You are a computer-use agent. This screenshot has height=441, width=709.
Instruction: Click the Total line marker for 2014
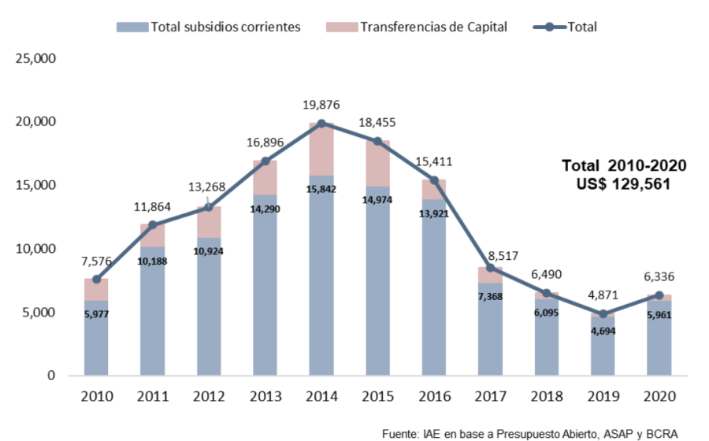[x=321, y=124]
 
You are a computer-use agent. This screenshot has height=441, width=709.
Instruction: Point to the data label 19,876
[x=321, y=105]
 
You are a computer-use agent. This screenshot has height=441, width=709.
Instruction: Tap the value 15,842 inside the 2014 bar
[x=321, y=187]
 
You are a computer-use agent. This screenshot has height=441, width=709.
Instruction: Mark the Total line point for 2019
[x=603, y=313]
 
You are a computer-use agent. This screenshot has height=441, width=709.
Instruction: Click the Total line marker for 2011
[x=153, y=224]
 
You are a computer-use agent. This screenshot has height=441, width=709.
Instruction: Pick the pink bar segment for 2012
[x=209, y=222]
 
